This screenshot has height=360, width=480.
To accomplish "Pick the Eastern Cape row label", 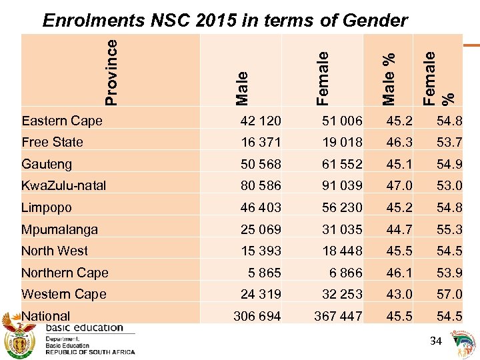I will point(62,121).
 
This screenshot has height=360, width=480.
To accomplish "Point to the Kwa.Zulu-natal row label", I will point(63,185).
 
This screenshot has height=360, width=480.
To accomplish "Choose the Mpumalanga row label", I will point(59,229).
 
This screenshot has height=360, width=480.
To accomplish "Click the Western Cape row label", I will point(63,294).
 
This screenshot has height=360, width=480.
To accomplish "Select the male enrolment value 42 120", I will point(261,121).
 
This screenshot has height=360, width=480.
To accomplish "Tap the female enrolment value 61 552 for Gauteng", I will point(339,164).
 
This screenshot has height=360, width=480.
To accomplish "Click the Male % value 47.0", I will point(398,185).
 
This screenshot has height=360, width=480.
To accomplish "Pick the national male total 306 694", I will point(257,316).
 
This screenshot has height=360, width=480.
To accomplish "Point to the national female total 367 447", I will point(338,316).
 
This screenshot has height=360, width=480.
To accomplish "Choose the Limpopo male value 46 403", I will point(261,207).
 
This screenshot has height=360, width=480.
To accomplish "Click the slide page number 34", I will point(436,341).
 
